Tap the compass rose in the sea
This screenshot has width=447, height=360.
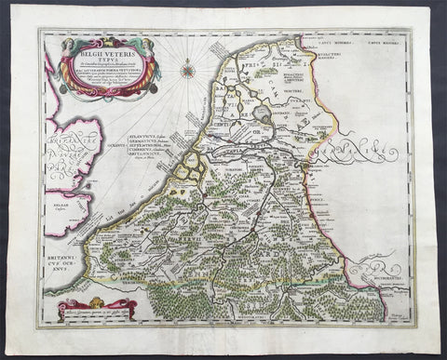tap(188, 69)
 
